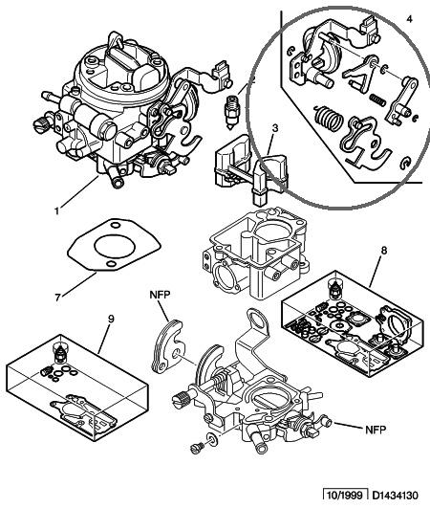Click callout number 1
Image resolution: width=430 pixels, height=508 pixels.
tap(57, 211)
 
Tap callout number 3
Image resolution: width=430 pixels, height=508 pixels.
tap(274, 128)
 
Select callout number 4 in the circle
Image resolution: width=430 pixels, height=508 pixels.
tap(409, 19)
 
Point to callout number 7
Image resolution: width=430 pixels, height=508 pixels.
tap(57, 298)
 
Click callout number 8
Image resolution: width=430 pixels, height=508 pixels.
tap(384, 251)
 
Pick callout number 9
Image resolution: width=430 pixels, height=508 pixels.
tap(111, 319)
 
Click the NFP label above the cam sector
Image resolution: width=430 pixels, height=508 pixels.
tap(160, 294)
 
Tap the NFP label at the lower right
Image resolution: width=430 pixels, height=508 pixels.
tap(376, 430)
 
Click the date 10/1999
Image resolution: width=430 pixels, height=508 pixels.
tap(345, 496)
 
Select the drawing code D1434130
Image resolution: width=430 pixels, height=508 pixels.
tap(395, 496)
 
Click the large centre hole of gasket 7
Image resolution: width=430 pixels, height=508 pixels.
tap(115, 247)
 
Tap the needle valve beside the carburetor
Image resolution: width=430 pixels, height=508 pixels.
tap(231, 113)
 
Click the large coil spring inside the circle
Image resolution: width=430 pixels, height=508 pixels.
tap(329, 119)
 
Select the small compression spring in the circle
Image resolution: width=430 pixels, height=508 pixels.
tap(377, 99)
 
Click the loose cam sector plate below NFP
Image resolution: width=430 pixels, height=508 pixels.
tap(167, 345)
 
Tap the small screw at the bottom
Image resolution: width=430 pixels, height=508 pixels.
tap(197, 448)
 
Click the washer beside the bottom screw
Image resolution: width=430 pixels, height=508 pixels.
tap(212, 439)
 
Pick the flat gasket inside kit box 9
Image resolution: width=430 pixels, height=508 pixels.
tap(83, 412)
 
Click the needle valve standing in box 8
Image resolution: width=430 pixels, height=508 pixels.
tap(333, 288)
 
